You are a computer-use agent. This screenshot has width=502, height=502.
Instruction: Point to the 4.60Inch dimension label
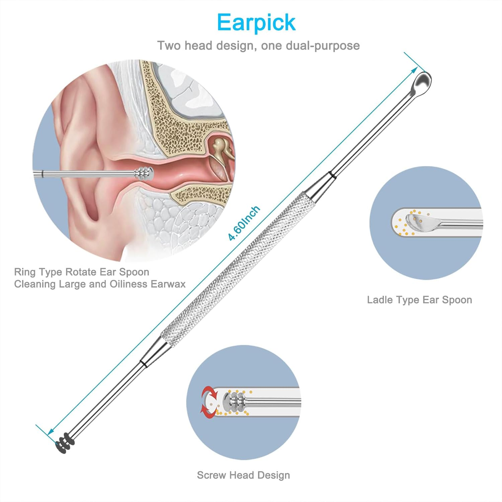pos(244,223)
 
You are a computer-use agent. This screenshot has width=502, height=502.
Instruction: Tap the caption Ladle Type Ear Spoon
pos(419,300)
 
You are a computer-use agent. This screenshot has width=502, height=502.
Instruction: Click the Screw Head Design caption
pos(243,475)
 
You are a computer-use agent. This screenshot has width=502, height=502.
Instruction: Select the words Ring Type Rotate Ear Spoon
pos(82,272)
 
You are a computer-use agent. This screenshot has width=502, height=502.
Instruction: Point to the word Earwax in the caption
pos(168,284)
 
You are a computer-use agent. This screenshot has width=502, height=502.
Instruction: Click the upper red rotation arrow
pos(208,392)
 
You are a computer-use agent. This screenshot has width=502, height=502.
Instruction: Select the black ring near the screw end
pos(143,363)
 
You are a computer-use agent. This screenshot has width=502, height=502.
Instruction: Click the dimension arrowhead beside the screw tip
pos(51,432)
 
